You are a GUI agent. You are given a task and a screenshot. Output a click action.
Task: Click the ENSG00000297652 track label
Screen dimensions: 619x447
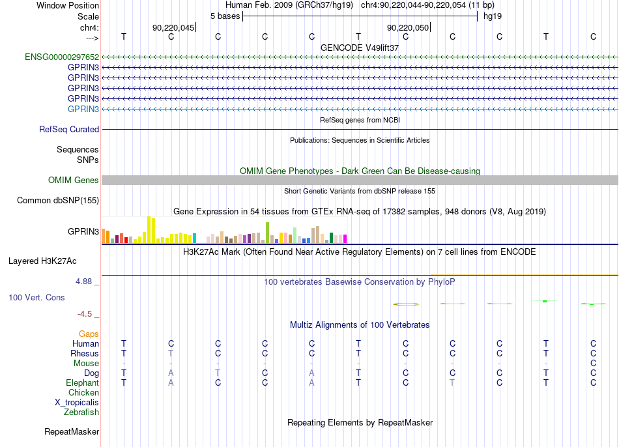click(62, 57)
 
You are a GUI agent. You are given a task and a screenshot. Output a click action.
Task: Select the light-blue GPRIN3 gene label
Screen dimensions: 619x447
click(83, 109)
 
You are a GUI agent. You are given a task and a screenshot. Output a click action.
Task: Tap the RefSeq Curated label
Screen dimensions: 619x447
click(69, 130)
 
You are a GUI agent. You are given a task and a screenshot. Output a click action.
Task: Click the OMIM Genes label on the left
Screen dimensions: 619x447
click(74, 180)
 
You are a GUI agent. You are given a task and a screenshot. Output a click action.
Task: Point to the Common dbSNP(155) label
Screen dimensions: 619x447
click(58, 201)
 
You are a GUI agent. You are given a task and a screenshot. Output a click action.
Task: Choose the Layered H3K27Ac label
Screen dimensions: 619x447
click(42, 261)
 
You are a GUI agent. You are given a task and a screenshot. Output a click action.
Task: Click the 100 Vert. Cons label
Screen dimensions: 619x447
click(36, 297)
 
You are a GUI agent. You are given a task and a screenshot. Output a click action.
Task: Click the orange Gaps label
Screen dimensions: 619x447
click(89, 334)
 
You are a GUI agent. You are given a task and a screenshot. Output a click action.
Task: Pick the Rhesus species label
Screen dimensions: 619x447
click(85, 353)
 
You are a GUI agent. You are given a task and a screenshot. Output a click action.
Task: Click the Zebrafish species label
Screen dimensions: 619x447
click(81, 412)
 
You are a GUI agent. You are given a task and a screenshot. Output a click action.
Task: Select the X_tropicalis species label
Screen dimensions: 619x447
click(77, 403)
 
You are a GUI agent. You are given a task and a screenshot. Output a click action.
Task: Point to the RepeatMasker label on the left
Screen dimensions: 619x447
click(72, 432)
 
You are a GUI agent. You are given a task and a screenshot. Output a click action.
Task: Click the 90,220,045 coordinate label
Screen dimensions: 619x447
click(173, 27)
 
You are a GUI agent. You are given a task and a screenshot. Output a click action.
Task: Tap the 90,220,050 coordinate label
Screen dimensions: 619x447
click(408, 27)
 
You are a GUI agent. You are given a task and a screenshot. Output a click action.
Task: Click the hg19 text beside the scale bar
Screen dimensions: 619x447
click(493, 16)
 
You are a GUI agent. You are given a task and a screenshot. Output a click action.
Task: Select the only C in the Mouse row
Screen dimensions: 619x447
click(593, 364)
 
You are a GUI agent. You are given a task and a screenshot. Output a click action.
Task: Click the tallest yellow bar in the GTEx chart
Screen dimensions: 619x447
click(149, 230)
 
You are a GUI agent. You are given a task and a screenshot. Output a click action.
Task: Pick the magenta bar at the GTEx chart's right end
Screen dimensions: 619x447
click(345, 239)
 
